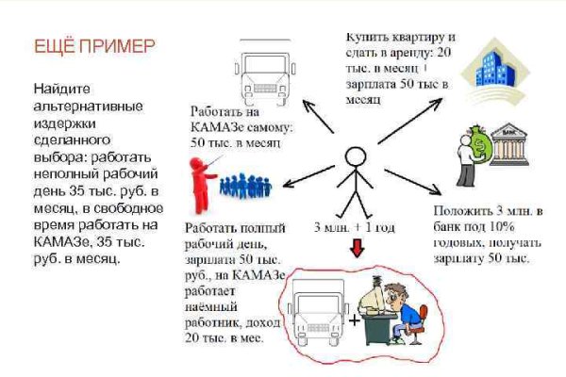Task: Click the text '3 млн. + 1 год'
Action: tap(355, 228)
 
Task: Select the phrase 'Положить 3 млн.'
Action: tap(476, 213)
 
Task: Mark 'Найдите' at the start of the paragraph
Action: tap(61, 86)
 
